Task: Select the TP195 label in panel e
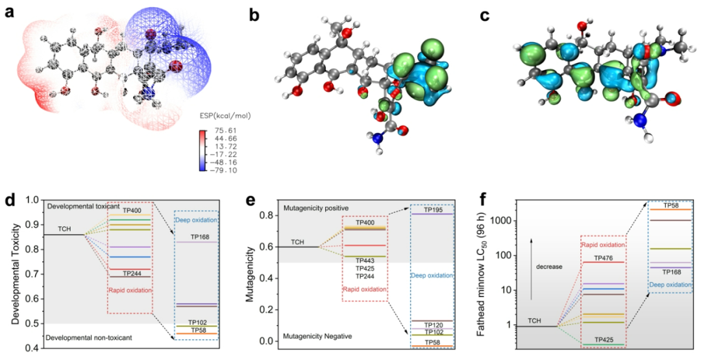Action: tap(434, 210)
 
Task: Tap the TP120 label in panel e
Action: tap(434, 324)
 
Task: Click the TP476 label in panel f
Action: tap(603, 257)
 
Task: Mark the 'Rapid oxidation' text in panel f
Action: tap(603, 245)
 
